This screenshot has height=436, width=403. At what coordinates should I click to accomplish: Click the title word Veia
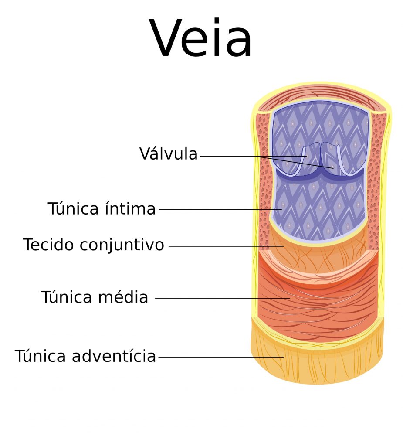[x=200, y=37]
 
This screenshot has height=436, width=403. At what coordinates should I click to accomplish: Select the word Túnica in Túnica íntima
[x=73, y=208]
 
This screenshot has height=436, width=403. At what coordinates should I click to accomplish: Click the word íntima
[x=130, y=208]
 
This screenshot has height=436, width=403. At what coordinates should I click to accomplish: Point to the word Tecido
[x=49, y=245]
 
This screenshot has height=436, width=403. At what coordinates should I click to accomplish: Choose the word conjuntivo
[x=122, y=245]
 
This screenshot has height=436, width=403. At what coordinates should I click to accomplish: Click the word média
[x=123, y=296]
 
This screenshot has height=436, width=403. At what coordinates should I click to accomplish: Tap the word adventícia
[x=114, y=356]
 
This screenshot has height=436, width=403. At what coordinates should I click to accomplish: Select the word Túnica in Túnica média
[x=66, y=296]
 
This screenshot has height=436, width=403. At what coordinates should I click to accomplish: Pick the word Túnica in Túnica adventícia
[x=40, y=356]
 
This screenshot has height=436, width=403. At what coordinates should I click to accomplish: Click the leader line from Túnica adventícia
[x=221, y=357]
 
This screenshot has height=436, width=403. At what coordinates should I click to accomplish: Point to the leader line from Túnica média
[x=222, y=298]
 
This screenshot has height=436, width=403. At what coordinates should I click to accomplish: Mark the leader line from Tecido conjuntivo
[x=226, y=246]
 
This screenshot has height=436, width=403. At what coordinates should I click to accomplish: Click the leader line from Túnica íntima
[x=220, y=209]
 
